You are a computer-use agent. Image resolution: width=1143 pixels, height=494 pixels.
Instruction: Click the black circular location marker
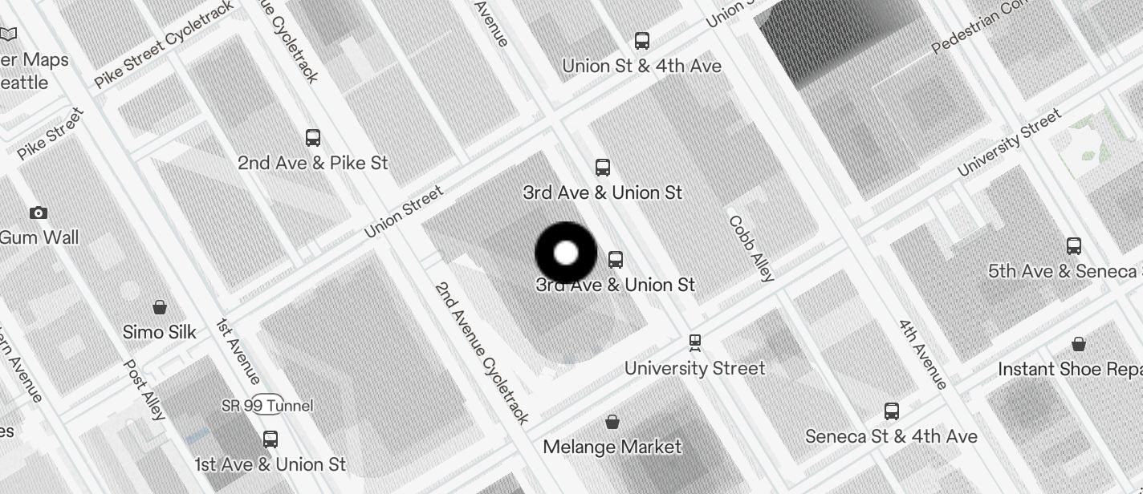click(566, 253)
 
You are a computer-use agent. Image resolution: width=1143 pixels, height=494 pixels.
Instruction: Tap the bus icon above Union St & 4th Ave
click(641, 41)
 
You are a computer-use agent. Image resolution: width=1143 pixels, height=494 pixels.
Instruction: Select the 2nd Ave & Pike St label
click(312, 163)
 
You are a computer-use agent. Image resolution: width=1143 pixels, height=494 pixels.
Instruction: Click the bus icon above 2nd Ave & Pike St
click(313, 138)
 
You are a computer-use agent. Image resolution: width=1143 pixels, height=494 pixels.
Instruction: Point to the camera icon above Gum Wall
click(38, 213)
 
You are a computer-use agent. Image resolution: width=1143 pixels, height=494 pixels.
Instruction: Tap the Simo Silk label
click(159, 332)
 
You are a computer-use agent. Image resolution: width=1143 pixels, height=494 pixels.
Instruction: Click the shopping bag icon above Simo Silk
click(160, 307)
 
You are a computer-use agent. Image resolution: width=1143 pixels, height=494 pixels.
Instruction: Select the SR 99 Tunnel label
click(267, 406)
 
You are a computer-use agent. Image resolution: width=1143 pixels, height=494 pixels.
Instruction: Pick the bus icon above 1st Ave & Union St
click(270, 439)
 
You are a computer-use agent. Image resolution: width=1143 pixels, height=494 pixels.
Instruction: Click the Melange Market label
click(612, 447)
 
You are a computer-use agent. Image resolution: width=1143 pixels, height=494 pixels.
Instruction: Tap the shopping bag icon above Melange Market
click(612, 422)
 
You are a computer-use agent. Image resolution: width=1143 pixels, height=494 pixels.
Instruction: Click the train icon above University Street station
click(695, 343)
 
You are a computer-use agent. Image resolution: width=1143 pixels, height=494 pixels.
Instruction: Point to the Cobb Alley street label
click(751, 249)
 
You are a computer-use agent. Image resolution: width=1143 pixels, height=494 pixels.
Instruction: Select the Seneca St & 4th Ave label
click(891, 436)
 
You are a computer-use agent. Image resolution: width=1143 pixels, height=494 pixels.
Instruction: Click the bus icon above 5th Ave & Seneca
click(1074, 246)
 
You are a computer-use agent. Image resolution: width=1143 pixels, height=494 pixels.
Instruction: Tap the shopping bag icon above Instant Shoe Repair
click(1079, 344)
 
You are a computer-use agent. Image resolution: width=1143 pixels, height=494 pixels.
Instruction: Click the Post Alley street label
click(144, 390)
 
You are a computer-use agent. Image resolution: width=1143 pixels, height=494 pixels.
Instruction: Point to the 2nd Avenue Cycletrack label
click(482, 353)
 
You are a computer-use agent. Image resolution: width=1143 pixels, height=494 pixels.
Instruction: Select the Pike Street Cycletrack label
click(164, 44)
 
